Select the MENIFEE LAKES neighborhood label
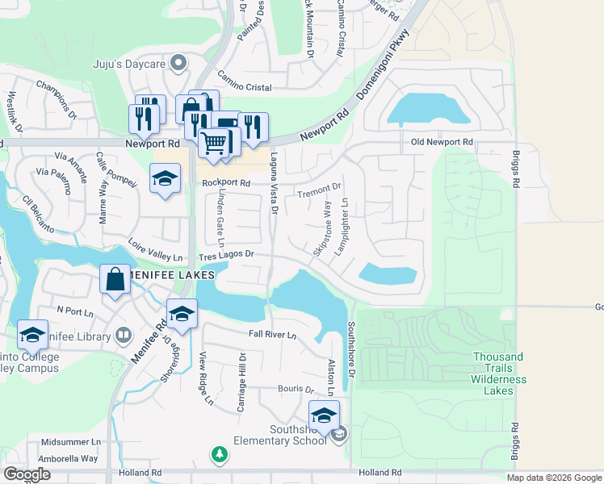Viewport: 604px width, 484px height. coord(166,275)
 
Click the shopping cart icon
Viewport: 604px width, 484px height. coord(214,143)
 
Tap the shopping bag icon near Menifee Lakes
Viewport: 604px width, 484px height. coord(115,279)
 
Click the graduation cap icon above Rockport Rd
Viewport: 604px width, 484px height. coord(165,178)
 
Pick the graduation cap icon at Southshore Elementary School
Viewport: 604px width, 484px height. coord(324,415)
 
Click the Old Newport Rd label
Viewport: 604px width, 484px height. coord(442,142)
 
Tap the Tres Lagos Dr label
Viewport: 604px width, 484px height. coord(227,255)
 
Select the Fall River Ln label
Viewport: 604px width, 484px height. coord(272,335)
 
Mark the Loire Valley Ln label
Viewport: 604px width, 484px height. coord(156,252)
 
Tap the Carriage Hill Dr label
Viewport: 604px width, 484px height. coord(241,382)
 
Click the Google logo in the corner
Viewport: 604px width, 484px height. coord(27,474)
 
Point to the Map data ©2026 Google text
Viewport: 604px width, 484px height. coord(554,478)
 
